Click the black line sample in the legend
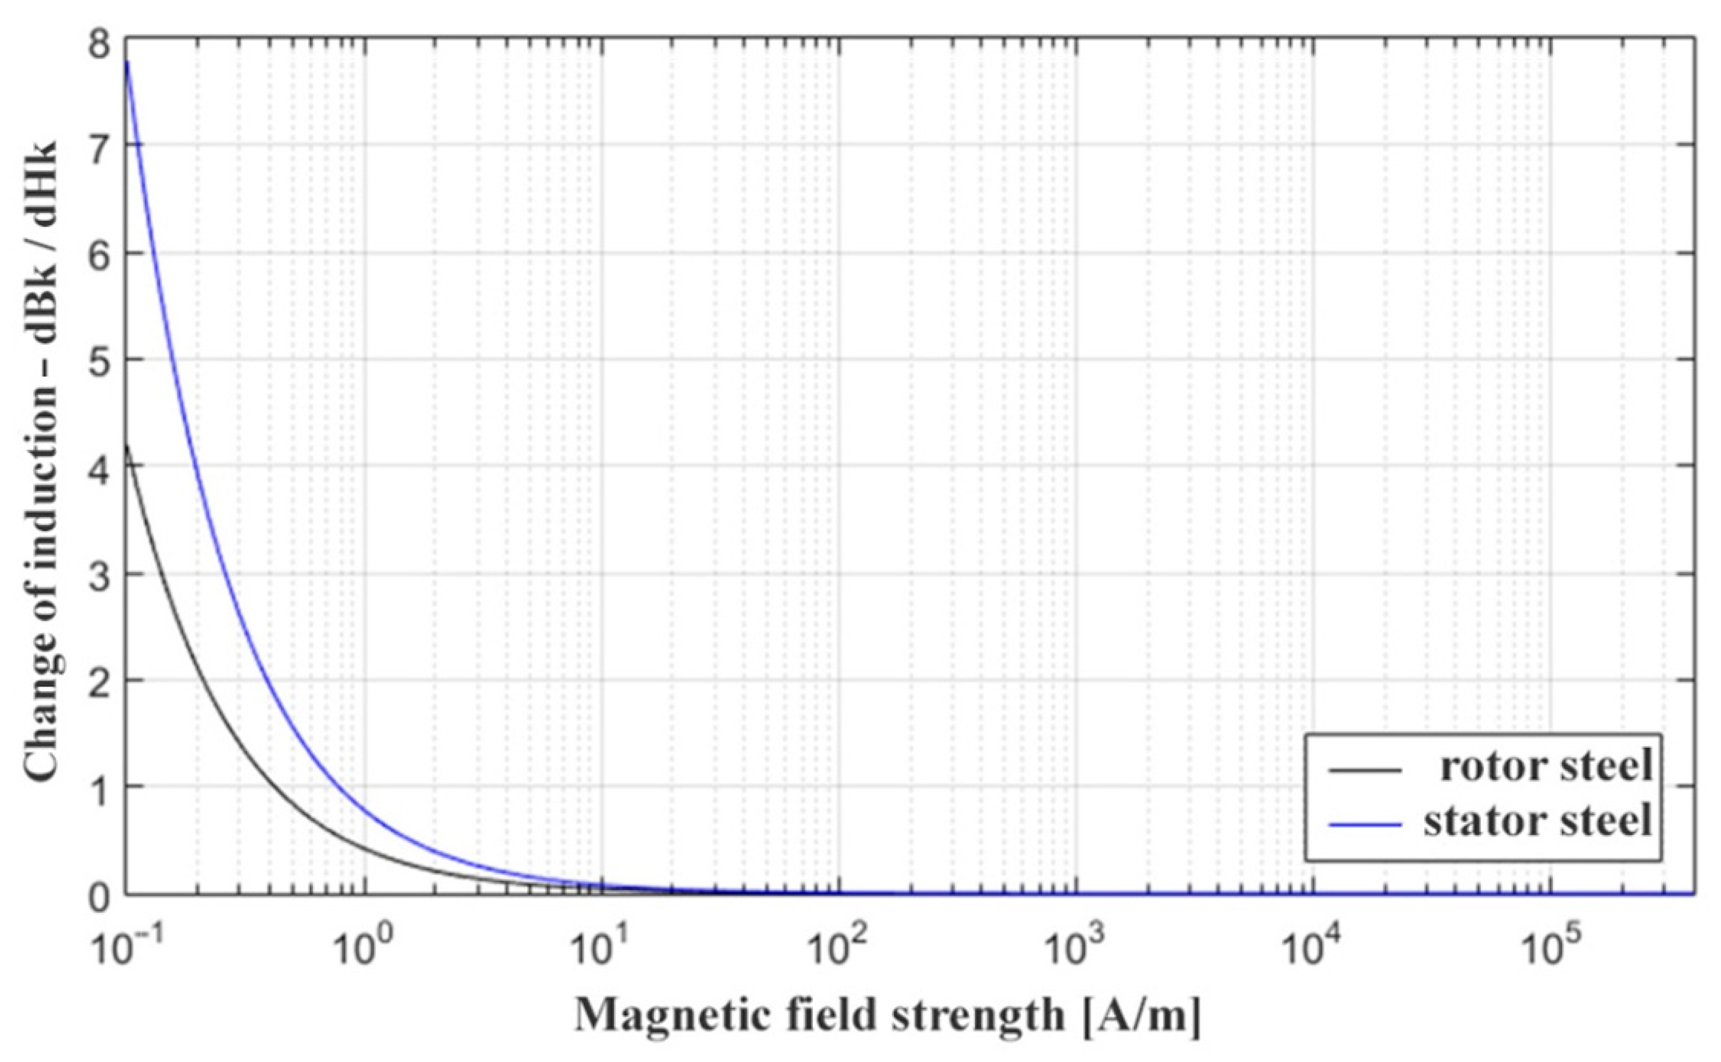point(1365,771)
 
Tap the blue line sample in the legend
point(1365,824)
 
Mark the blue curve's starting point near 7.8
point(127,63)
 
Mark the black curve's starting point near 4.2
point(127,445)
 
